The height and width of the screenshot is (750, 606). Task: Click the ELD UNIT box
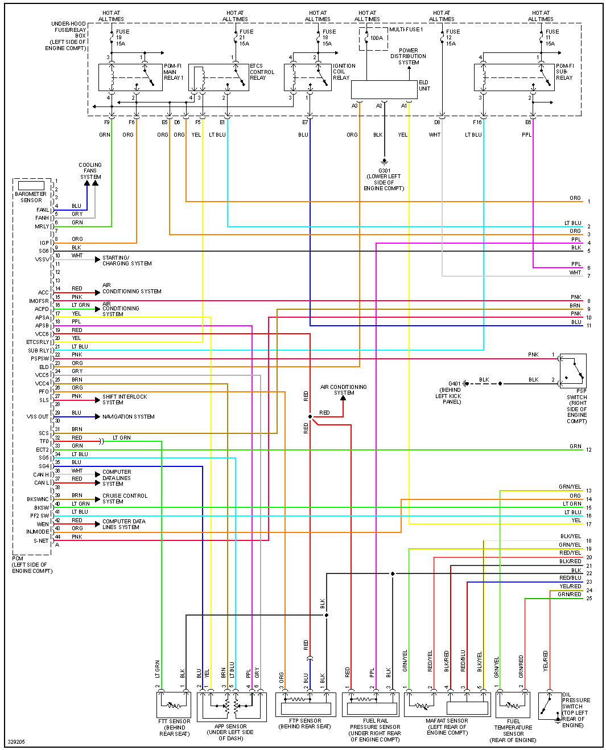(384, 89)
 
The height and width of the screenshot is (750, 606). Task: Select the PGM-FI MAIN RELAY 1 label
(173, 72)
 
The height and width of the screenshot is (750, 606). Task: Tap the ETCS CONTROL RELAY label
(262, 72)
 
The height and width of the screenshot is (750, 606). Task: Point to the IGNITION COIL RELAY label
(344, 72)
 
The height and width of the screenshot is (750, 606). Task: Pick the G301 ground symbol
(384, 161)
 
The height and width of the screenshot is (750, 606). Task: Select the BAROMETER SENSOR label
(31, 197)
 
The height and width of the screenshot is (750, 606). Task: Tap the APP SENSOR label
(230, 732)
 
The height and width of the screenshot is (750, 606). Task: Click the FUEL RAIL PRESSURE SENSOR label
(375, 730)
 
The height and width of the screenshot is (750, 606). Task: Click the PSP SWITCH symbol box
(572, 371)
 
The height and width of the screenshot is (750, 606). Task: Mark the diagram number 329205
(17, 742)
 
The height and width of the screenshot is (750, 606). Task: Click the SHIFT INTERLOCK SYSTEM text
(125, 400)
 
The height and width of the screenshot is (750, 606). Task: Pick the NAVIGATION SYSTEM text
(129, 417)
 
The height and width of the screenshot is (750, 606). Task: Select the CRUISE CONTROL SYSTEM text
(125, 498)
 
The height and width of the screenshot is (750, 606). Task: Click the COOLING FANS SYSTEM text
(90, 171)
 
